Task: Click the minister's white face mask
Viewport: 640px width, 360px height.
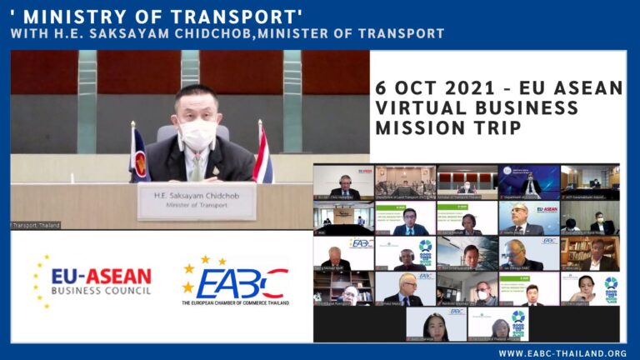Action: point(197,133)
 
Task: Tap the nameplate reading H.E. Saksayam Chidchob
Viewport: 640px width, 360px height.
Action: point(197,201)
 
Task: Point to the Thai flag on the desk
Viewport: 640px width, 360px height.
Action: point(263,155)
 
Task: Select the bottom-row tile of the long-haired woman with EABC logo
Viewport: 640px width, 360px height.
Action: point(436,324)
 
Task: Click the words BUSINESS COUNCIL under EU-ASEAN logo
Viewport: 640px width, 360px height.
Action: point(101,291)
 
